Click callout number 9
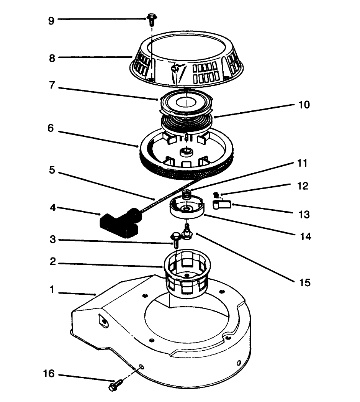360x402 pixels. click(51, 20)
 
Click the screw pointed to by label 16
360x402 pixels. click(115, 384)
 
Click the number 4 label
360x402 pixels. click(52, 209)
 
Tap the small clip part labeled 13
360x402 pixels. click(222, 204)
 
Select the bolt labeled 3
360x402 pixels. click(175, 239)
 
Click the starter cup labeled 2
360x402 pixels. click(188, 272)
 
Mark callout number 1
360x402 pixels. click(52, 290)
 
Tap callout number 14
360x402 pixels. click(306, 237)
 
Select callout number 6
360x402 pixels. click(51, 128)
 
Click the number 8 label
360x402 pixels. click(52, 58)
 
